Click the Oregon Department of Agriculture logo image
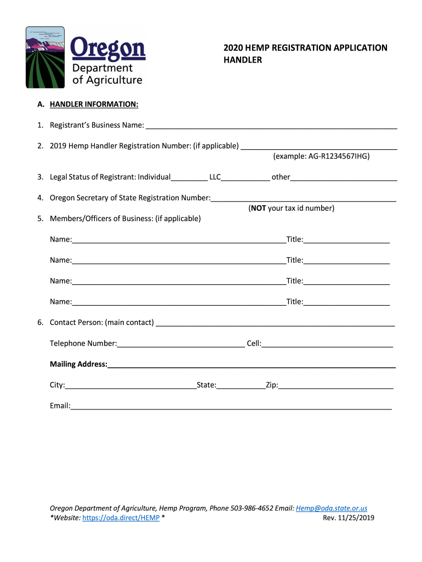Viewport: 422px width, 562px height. [85, 57]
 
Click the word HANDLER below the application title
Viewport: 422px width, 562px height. [242, 60]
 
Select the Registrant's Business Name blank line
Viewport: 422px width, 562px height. [271, 126]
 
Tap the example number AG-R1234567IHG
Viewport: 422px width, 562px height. [338, 156]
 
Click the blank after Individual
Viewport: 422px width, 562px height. [189, 177]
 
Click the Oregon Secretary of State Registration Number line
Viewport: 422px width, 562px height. [303, 198]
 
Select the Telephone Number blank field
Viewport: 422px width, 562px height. [181, 344]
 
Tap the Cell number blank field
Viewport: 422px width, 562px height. [327, 344]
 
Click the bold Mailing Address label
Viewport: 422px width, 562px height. [78, 364]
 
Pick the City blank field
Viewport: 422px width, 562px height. [130, 385]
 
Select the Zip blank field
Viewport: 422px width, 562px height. [335, 385]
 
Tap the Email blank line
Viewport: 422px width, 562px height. [231, 406]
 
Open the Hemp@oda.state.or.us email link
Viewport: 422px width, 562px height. [331, 509]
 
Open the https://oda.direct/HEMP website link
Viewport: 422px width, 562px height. [121, 518]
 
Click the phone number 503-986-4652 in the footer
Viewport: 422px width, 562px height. [253, 509]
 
